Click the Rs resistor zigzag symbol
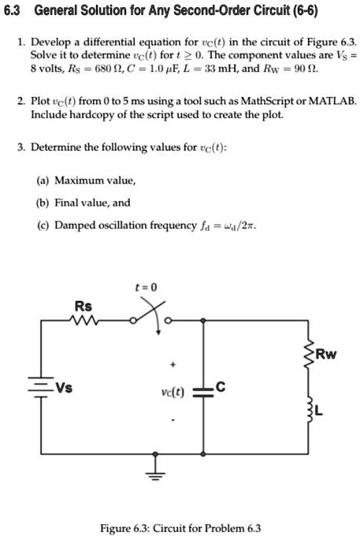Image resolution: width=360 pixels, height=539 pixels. coord(84,321)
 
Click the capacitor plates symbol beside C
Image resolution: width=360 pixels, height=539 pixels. coord(203,392)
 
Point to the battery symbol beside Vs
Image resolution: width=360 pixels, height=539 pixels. coord(41,387)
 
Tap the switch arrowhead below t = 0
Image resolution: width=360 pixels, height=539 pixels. coord(158,332)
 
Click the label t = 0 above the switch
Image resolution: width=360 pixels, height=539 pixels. coord(146,287)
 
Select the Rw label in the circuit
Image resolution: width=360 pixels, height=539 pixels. coord(326,354)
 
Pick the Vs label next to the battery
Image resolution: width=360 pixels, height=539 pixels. coord(65,388)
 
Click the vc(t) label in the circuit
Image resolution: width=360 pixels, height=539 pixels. coord(173,392)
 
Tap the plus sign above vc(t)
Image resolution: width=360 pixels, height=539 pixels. coord(173,364)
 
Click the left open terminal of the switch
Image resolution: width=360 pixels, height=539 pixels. coord(133,321)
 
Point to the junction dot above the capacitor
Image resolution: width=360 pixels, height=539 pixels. coord(203,321)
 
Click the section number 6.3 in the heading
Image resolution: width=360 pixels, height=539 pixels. coord(12,11)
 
